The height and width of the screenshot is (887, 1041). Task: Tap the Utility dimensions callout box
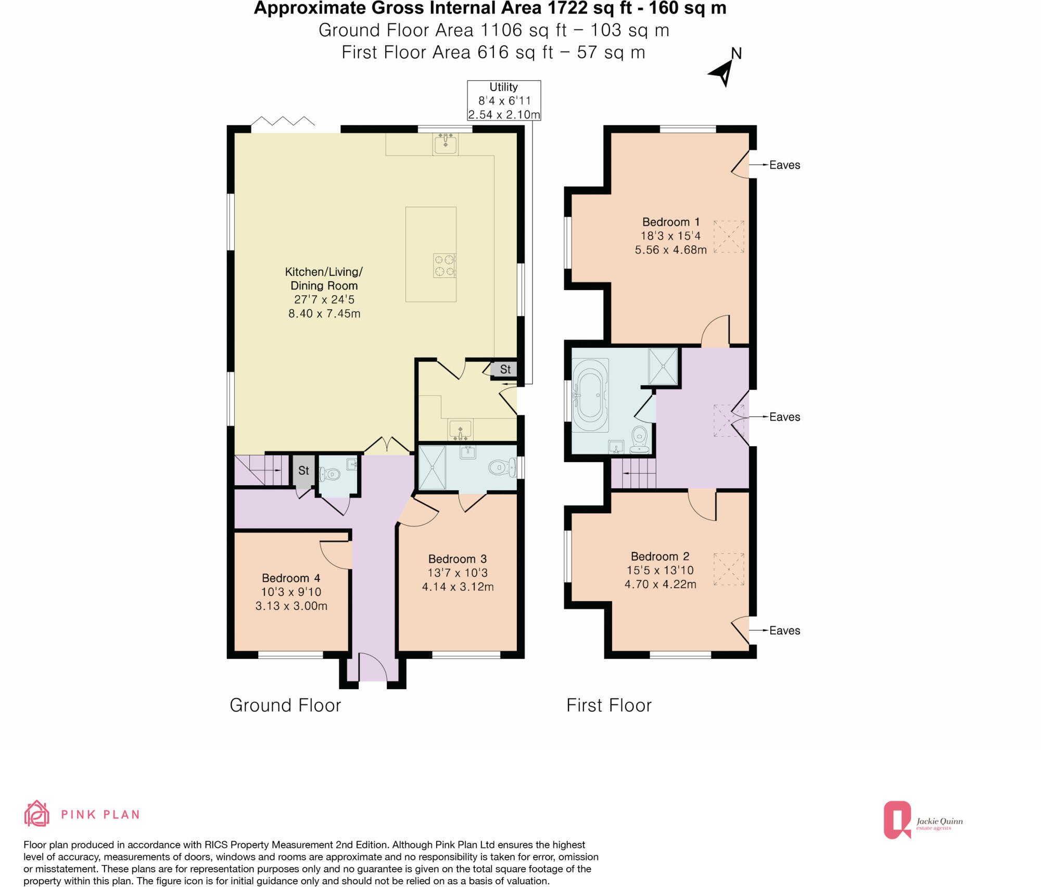point(503,100)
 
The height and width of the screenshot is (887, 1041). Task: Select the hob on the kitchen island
point(445,265)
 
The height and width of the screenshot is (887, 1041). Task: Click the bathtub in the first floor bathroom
point(590,395)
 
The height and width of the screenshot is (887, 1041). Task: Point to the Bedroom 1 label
point(670,222)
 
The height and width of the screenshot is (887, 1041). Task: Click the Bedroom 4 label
point(290,578)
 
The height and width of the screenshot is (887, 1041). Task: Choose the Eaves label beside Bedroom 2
point(784,630)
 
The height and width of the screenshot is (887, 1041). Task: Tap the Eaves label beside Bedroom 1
point(784,165)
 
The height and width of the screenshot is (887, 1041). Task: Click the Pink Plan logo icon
point(37,814)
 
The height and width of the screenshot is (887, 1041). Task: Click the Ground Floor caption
point(285,705)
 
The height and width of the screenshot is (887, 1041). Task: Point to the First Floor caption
point(608,705)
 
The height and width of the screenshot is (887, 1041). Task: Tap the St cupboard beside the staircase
point(303,471)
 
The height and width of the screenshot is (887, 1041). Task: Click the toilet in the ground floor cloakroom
point(331,474)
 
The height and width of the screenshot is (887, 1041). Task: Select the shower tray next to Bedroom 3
point(432,467)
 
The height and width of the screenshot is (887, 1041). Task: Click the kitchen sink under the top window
point(446,143)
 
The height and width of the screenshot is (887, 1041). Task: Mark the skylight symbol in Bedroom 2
point(728,569)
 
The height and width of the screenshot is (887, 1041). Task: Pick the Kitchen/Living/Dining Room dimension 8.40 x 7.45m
point(324,313)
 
